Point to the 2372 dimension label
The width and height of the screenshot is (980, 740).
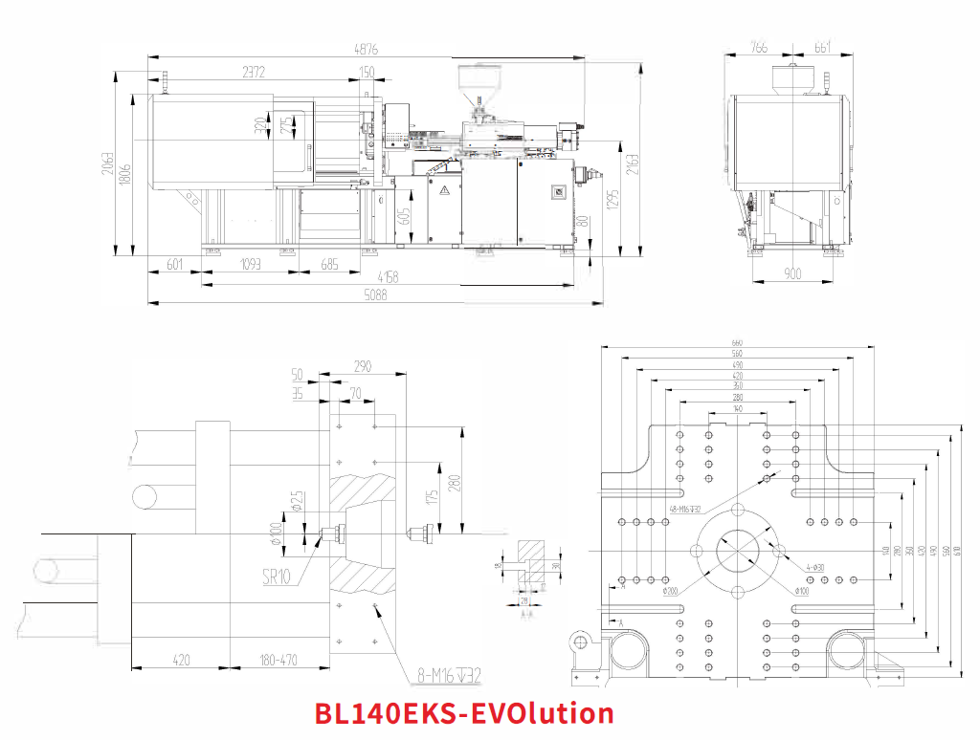click(253, 72)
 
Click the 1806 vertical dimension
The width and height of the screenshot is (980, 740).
click(124, 175)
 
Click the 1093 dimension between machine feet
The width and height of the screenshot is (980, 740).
click(250, 264)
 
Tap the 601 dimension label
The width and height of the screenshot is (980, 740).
click(174, 264)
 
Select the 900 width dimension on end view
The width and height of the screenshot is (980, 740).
click(793, 274)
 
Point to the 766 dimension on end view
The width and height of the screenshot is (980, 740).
click(759, 49)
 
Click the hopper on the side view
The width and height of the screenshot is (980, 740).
click(471, 85)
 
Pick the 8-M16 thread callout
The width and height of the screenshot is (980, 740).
click(445, 675)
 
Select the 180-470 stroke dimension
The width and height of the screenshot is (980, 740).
click(278, 659)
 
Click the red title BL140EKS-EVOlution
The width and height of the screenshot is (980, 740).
click(464, 713)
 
